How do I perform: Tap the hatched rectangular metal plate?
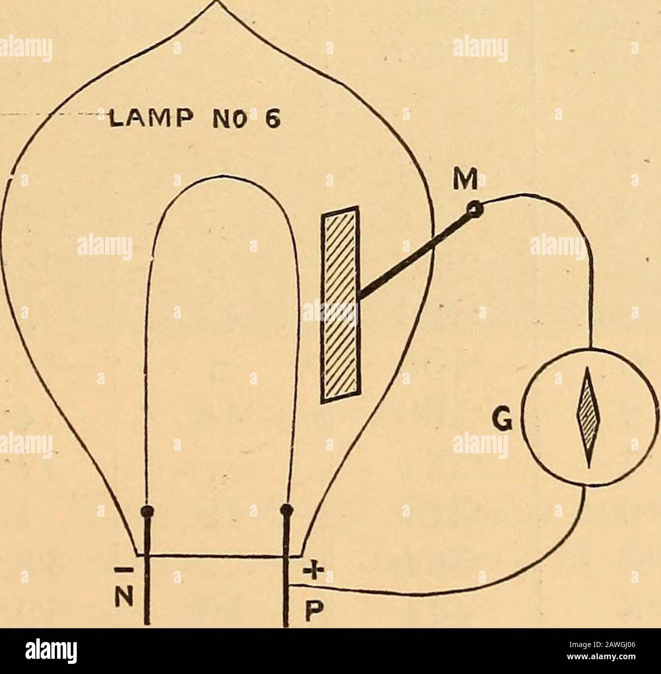click(x=341, y=304)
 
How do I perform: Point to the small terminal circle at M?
click(x=475, y=210)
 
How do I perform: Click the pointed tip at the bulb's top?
click(x=217, y=2)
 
